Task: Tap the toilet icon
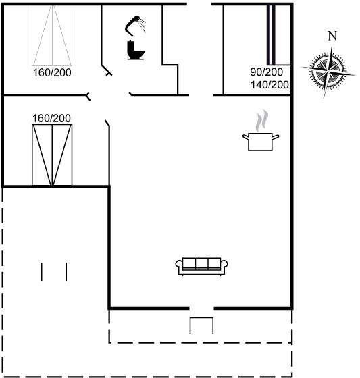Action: point(136,50)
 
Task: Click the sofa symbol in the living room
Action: point(202,266)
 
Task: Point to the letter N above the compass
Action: point(332,36)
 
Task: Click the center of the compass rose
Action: point(328,72)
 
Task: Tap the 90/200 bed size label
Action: point(266,72)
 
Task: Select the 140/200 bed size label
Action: point(269,85)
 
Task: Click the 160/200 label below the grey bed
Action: point(52,73)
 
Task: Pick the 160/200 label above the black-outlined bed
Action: point(51,118)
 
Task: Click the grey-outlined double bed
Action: point(52,35)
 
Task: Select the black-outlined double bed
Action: point(52,155)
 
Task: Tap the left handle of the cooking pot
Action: point(246,137)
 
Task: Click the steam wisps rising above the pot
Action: point(262,120)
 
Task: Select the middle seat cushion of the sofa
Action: point(202,263)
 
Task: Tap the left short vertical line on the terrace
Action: point(41,271)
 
